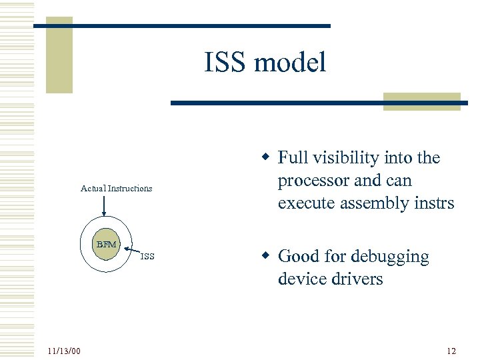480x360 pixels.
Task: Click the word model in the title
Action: tap(291, 63)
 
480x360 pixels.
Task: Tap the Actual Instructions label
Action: tap(116, 189)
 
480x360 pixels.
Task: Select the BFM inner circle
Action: tap(105, 245)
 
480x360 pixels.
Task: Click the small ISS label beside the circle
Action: tap(147, 257)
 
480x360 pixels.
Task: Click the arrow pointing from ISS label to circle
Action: tap(133, 250)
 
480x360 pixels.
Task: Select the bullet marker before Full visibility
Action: tap(265, 157)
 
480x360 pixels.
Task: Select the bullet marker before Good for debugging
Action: tap(265, 256)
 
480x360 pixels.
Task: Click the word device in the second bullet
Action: tap(301, 279)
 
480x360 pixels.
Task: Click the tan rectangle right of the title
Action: tap(422, 101)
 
